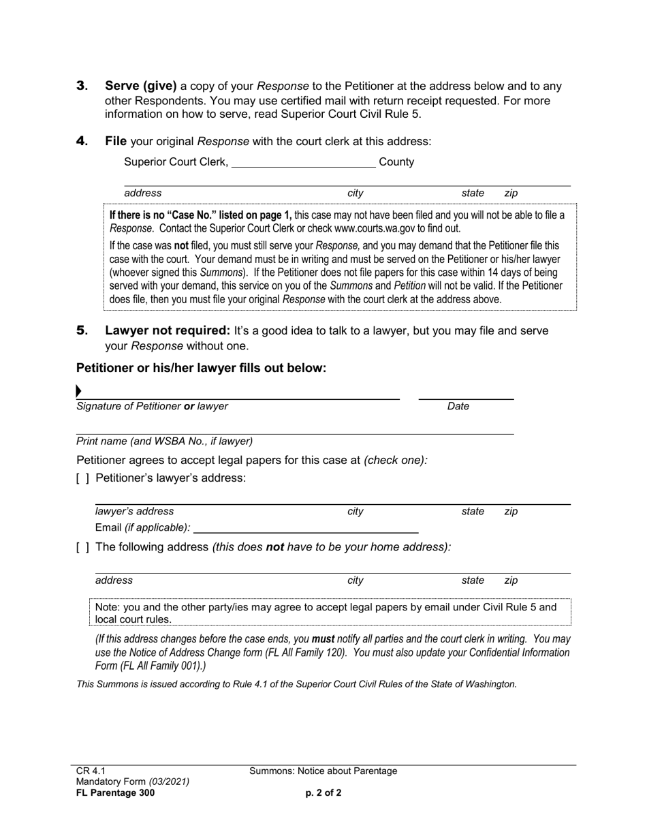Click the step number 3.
point(82,87)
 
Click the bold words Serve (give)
point(140,87)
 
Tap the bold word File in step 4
point(116,142)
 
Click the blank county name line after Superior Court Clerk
point(303,162)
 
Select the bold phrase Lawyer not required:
point(168,331)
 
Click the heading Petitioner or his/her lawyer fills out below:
point(202,369)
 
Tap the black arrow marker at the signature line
point(79,391)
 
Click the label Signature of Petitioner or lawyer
point(152,407)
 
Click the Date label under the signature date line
point(458,407)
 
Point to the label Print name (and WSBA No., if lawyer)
point(164,441)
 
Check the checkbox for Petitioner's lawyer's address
point(82,479)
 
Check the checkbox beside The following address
point(82,547)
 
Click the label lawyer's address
point(134,512)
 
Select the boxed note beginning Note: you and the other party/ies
point(330,612)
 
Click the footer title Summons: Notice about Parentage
point(323,771)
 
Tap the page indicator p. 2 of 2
point(323,793)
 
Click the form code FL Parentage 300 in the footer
point(116,793)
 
